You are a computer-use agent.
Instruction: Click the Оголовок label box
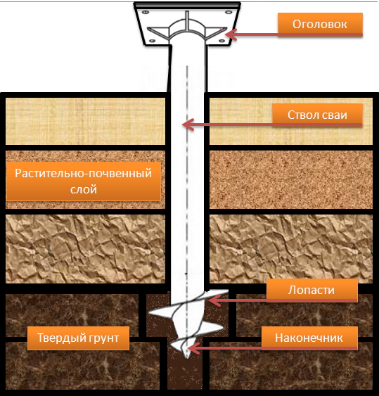320,24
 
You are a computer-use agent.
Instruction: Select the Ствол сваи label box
317,115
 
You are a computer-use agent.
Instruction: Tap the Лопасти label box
312,290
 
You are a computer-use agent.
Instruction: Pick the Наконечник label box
309,338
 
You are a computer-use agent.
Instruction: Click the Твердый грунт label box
78,338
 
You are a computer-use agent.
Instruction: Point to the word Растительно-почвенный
84,173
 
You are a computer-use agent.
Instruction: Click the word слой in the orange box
84,189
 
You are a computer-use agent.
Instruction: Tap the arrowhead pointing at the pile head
230,34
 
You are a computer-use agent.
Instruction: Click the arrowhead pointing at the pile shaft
188,124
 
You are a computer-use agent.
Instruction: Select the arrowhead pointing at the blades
214,300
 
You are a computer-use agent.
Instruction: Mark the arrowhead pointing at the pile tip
193,348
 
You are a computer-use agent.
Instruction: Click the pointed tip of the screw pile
187,357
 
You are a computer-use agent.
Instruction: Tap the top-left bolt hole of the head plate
145,12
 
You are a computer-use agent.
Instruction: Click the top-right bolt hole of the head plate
229,12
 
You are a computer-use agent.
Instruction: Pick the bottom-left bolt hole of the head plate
153,41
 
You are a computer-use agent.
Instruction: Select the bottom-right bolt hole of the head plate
221,41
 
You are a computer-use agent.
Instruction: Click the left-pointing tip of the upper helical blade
149,313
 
